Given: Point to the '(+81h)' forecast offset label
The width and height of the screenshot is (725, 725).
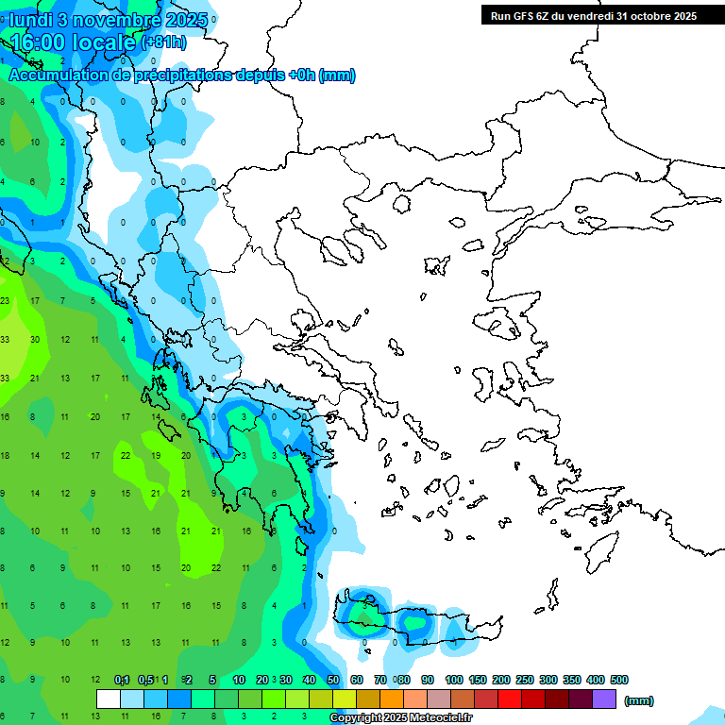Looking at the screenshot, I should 163,42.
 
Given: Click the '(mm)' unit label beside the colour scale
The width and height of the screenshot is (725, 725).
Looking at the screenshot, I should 639,700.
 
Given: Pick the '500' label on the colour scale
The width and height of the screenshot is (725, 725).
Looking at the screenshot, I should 619,680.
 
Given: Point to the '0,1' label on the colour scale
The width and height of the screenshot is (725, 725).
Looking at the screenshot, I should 122,680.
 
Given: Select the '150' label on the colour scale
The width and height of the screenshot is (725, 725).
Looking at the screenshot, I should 478,680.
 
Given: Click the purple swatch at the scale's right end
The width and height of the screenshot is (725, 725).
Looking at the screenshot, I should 604,700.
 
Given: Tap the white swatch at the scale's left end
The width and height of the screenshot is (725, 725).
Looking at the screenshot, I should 109,700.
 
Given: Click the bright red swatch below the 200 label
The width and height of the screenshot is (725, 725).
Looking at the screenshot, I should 510,700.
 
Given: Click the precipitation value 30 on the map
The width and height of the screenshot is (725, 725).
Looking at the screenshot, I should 35,339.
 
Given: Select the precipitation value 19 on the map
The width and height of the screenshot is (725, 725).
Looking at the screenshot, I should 156,455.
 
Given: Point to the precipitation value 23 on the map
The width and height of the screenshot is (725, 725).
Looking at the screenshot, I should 5,300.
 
